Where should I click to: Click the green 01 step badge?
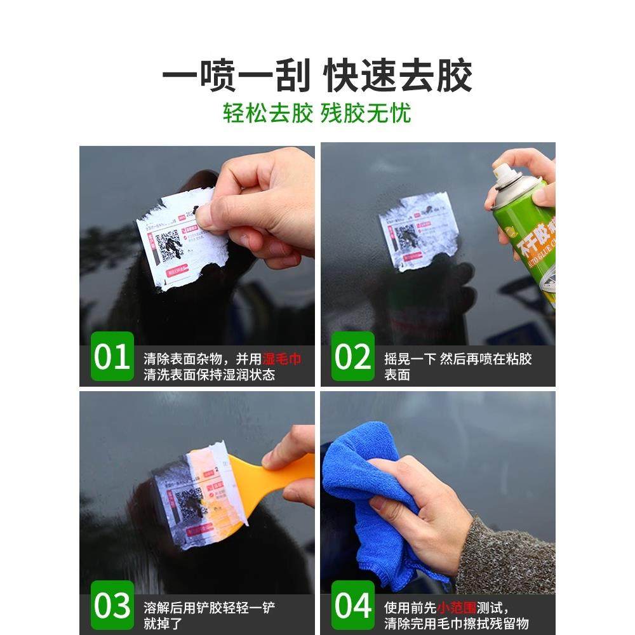pos(112,357)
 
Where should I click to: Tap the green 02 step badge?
pos(352,357)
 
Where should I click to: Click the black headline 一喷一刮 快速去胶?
pos(317,77)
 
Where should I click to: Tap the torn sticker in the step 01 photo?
pos(178,241)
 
